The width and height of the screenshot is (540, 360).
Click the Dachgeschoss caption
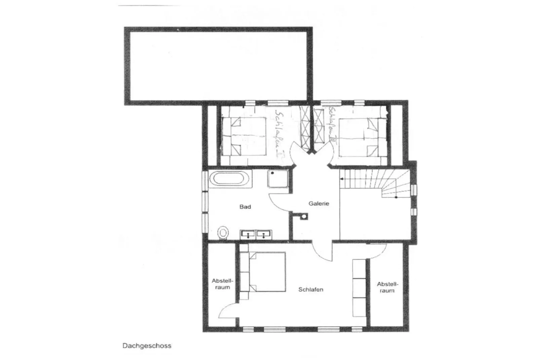click(x=147, y=346)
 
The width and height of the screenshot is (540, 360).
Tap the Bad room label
click(x=245, y=207)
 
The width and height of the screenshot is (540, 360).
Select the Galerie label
click(x=319, y=204)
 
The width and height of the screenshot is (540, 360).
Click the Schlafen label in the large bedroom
click(x=311, y=289)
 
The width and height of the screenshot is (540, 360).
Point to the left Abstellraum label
click(x=222, y=284)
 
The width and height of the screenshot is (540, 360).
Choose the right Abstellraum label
click(x=387, y=287)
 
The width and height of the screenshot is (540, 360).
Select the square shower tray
click(x=278, y=179)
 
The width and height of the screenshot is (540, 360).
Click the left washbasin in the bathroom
click(x=248, y=234)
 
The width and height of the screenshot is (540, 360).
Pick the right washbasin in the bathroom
click(x=264, y=234)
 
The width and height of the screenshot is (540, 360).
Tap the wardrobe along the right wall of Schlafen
click(x=359, y=288)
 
